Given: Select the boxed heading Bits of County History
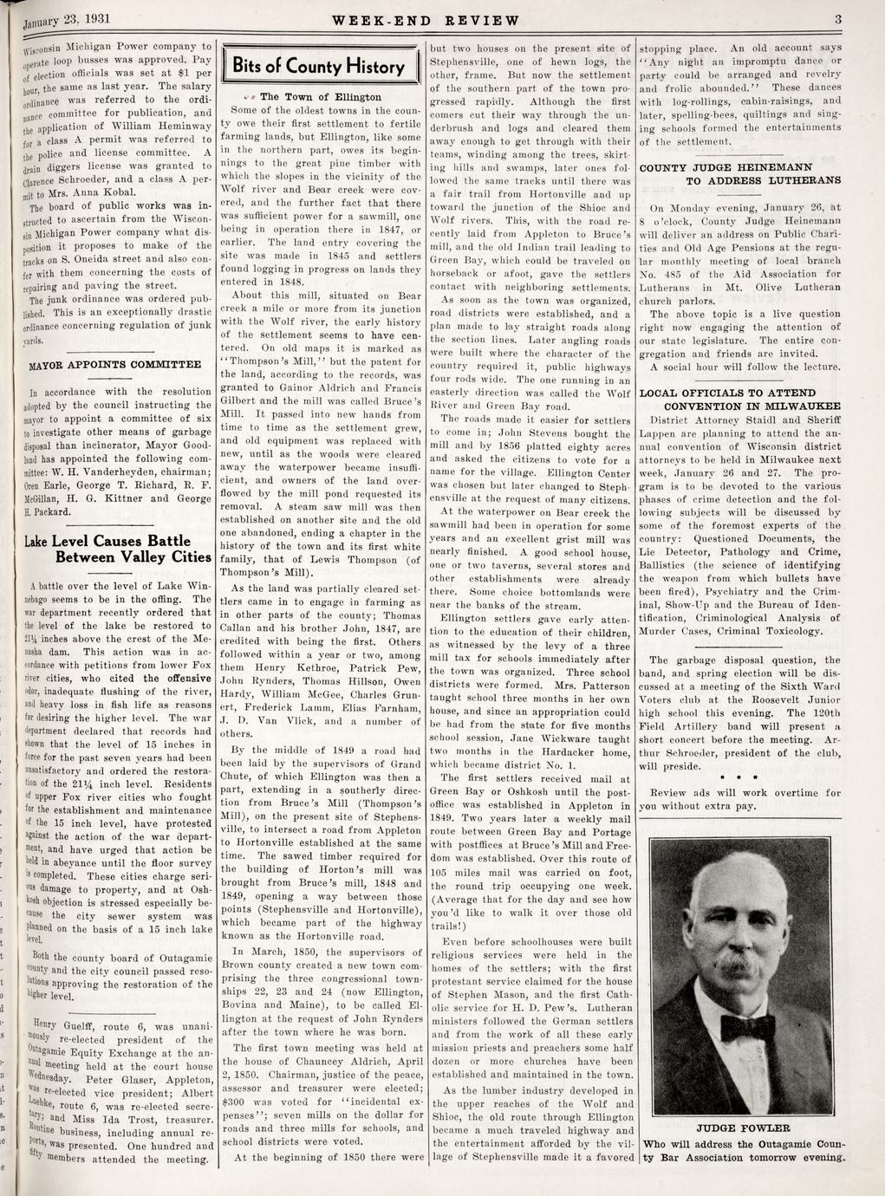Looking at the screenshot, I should pos(320,67).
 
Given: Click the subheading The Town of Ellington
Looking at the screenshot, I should pos(320,97).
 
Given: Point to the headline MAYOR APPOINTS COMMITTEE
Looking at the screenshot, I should pos(114,364).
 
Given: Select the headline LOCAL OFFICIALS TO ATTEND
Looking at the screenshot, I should pos(738,393).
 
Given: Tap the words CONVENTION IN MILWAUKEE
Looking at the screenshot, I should pos(752,406).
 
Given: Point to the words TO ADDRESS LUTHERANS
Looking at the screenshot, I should pos(763,180).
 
